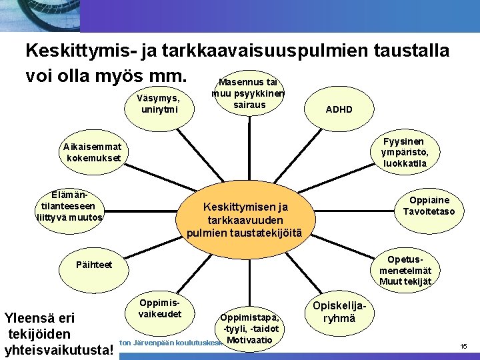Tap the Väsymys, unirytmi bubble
pos(157,104)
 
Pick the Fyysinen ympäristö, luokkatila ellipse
pos(403,153)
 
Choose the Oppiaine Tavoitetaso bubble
pos(429,206)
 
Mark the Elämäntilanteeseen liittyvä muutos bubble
pos(71,206)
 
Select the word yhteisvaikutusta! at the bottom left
pos(59,349)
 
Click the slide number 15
pos(464,346)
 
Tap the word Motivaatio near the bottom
pos(250,341)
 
